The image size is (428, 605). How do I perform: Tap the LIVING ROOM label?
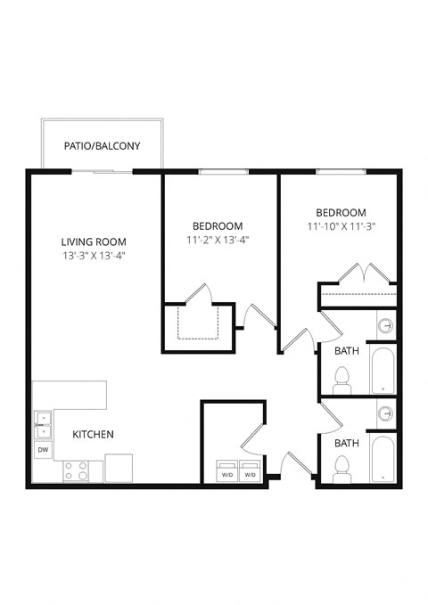[x=93, y=241]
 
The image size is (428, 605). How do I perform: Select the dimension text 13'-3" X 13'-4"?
[x=93, y=257]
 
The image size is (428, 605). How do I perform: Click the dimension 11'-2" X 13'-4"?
[x=218, y=241]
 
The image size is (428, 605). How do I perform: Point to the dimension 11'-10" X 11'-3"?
[x=341, y=226]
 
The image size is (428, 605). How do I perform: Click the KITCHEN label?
[x=93, y=435]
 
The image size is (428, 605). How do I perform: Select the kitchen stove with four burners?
[x=77, y=470]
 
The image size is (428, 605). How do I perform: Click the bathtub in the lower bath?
[x=382, y=460]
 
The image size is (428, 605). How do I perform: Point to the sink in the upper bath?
[x=385, y=326]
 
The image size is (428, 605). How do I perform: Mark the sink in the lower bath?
[x=385, y=413]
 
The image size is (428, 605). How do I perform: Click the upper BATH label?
[x=347, y=351]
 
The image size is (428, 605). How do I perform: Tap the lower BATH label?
[x=347, y=442]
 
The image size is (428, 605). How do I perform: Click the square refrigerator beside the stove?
[x=119, y=468]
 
